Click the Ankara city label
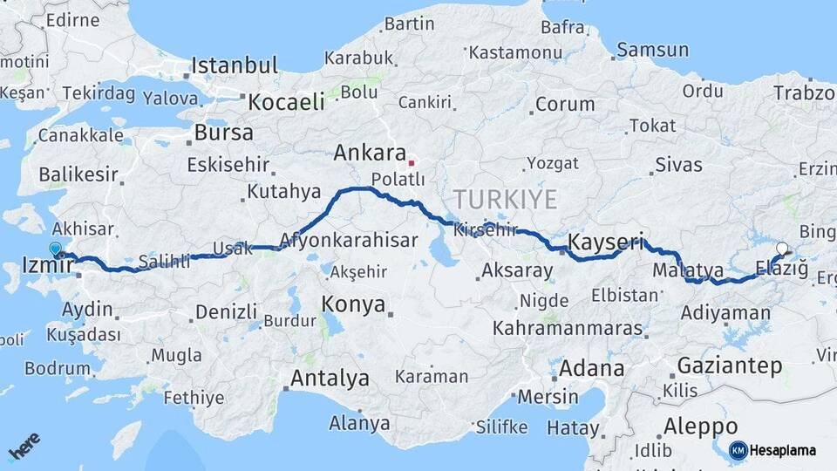tap(370, 154)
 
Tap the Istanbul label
tap(235, 65)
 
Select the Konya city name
tap(353, 304)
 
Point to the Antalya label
tap(330, 379)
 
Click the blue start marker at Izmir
tap(57, 249)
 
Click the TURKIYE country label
tap(505, 200)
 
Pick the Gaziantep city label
tap(730, 365)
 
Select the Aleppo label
tap(701, 427)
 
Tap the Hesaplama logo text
tap(783, 450)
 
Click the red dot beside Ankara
tap(411, 162)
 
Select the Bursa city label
tap(224, 133)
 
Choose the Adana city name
tap(592, 368)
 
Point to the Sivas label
tap(678, 163)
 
